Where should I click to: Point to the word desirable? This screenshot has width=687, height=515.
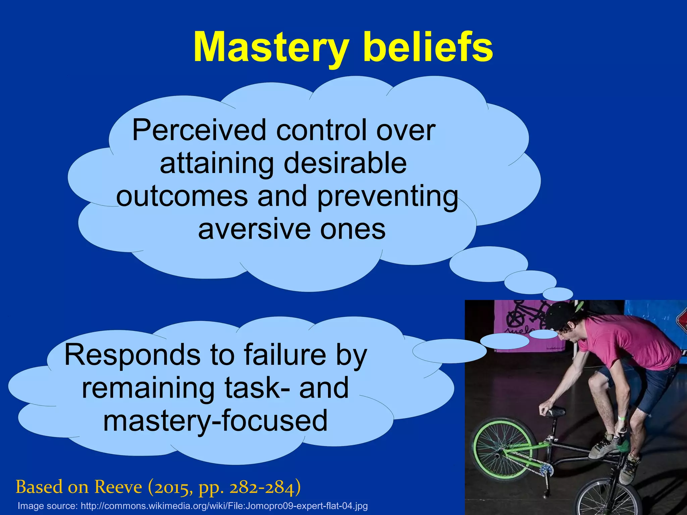(x=345, y=163)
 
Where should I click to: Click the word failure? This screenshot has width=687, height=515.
(x=285, y=355)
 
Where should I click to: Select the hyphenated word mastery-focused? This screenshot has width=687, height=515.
(x=215, y=421)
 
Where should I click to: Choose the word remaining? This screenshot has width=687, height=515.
(x=148, y=388)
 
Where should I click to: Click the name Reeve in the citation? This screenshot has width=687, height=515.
(x=118, y=487)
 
